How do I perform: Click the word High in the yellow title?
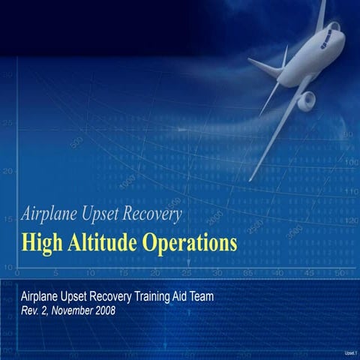(x=42, y=244)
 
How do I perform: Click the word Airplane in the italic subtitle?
(x=52, y=214)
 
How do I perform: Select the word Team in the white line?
(x=199, y=296)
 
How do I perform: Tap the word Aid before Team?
(x=178, y=296)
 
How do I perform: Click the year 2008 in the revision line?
(x=102, y=310)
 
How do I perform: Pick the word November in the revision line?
(x=67, y=310)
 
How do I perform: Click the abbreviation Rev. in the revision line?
(x=31, y=310)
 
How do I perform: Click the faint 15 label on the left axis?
(x=7, y=220)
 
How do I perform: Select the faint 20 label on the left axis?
(x=7, y=171)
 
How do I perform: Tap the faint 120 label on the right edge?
(x=350, y=221)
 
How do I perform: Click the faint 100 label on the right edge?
(x=350, y=162)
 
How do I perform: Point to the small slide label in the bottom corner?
(x=349, y=352)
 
